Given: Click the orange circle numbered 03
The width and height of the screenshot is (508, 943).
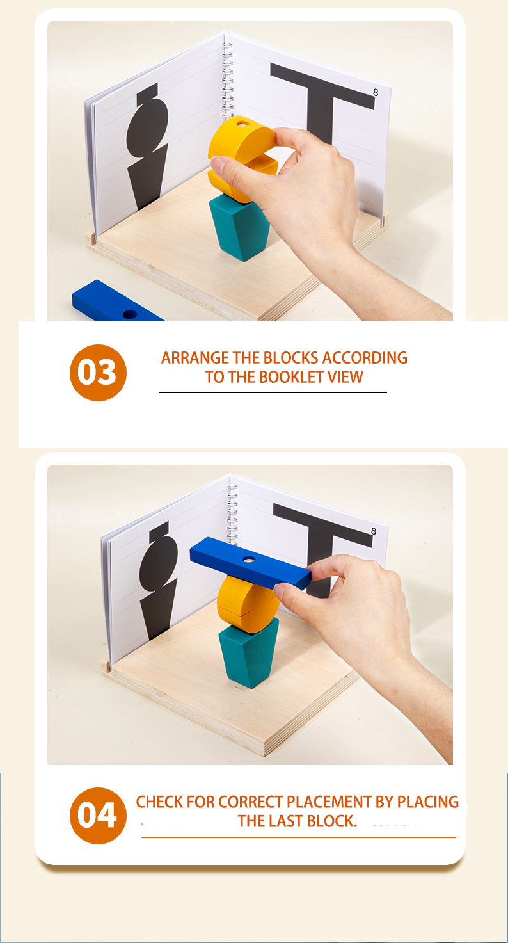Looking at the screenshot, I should point(98,373).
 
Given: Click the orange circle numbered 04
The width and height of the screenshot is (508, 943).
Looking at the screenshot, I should point(98,816).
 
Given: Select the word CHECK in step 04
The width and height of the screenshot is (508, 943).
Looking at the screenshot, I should point(160,802).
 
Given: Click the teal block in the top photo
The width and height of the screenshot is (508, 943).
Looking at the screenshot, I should point(239,227).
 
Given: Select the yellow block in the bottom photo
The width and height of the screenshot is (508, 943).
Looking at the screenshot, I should point(246,599).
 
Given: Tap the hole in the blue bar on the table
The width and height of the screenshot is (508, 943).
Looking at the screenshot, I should point(130,314).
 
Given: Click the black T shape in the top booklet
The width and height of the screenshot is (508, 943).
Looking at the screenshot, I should point(320,96).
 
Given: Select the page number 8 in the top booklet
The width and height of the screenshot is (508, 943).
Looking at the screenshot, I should point(376,93).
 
